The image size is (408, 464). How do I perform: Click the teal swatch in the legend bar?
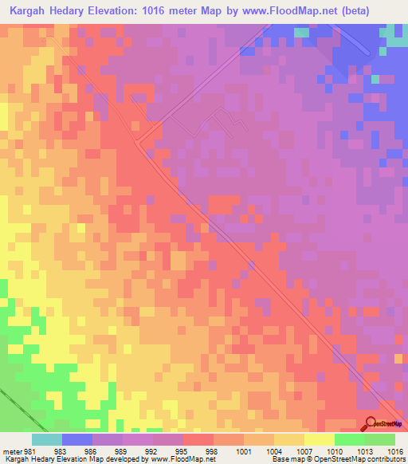coord(46,439)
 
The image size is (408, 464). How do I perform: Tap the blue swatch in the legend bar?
coord(76,439)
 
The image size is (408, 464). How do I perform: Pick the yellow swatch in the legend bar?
coord(319,439)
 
